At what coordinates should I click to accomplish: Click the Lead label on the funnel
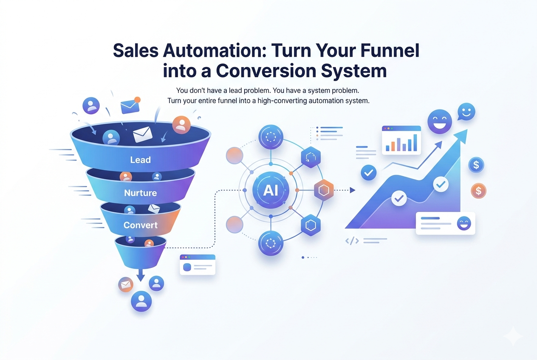tap(140, 160)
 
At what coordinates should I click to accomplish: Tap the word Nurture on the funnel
tap(140, 193)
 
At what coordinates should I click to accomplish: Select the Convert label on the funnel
tap(140, 225)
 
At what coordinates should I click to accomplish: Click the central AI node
tap(271, 190)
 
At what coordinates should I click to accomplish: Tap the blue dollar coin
tap(476, 165)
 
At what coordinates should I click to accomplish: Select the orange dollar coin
tap(478, 191)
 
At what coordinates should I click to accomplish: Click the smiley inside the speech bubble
tap(466, 112)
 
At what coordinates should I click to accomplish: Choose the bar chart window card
tap(401, 140)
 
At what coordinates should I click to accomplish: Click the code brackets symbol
tap(352, 241)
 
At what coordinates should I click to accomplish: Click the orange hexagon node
tap(324, 191)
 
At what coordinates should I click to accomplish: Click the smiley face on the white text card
tap(464, 223)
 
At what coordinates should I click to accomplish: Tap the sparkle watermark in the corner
tap(513, 336)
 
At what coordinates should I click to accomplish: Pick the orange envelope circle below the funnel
tap(126, 285)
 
